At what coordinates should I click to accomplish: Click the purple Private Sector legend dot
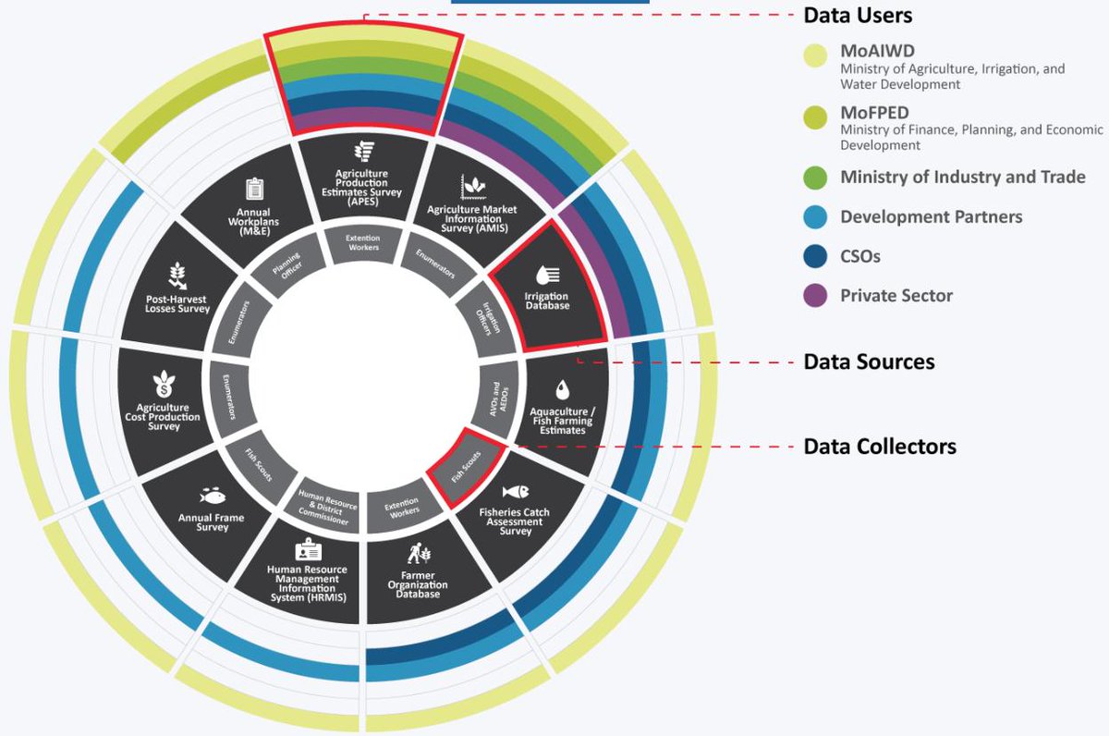pyautogui.click(x=815, y=296)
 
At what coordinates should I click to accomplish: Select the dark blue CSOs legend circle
pyautogui.click(x=815, y=256)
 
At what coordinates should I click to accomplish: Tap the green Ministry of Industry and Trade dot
pyautogui.click(x=815, y=178)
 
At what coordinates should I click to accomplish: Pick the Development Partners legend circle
pyautogui.click(x=815, y=217)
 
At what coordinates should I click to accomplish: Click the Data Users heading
pyautogui.click(x=858, y=16)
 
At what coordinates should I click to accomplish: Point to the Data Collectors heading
pyautogui.click(x=880, y=447)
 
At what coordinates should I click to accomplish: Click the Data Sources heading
pyautogui.click(x=870, y=362)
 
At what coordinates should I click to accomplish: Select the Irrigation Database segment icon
pyautogui.click(x=547, y=276)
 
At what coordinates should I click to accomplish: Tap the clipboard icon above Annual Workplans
pyautogui.click(x=254, y=190)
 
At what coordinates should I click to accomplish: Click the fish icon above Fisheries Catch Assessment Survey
pyautogui.click(x=516, y=491)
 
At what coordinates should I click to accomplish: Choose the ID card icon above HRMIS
pyautogui.click(x=308, y=549)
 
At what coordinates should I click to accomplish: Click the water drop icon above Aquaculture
pyautogui.click(x=562, y=390)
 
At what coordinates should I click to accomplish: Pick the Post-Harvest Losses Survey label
pyautogui.click(x=177, y=304)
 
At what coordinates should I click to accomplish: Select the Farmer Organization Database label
pyautogui.click(x=418, y=585)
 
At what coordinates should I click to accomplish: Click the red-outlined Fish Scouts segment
pyautogui.click(x=466, y=467)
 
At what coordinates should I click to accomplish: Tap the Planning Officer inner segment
pyautogui.click(x=288, y=265)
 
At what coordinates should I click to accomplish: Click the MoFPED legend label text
pyautogui.click(x=874, y=113)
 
